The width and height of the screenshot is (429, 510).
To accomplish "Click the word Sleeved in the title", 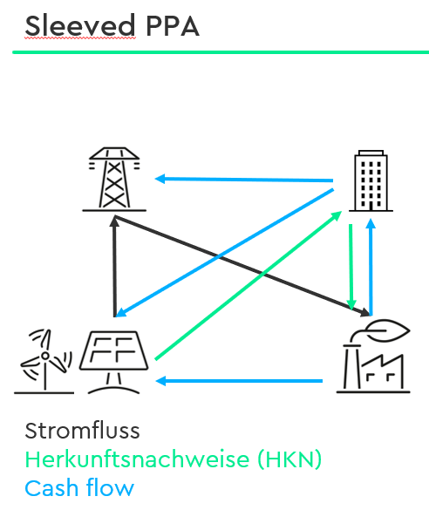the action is pos(80,25).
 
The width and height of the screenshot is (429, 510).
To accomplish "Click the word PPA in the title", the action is pos(173,26).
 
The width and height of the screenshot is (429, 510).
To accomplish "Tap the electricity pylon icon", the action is pos(114,180).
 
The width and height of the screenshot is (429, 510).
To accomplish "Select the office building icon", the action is pos(371,180).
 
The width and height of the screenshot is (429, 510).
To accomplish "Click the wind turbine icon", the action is pos(44,361).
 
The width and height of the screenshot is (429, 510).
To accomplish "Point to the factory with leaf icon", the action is pos(373,357).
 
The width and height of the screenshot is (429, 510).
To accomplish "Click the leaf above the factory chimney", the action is pos(387,330).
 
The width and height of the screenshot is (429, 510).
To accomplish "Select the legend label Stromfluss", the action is pos(82,431).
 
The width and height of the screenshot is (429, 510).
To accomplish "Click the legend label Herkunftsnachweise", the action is pos(137,459).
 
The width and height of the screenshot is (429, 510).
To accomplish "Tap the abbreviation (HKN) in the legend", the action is pos(289,459).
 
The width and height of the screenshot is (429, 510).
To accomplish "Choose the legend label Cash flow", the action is pos(79,488).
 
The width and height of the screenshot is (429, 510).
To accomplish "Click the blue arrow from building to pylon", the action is pos(244,180).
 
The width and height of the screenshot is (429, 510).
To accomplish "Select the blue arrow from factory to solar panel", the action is pos(239,381).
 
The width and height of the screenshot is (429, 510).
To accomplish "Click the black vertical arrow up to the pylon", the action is pos(114,267).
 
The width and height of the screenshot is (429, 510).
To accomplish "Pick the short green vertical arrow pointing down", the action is pos(351,267).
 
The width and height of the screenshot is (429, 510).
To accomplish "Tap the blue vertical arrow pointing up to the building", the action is pos(371,267).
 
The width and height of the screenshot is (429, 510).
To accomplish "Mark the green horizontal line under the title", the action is pos(221,52).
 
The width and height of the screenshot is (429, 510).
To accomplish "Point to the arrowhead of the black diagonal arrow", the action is pos(365,312).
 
